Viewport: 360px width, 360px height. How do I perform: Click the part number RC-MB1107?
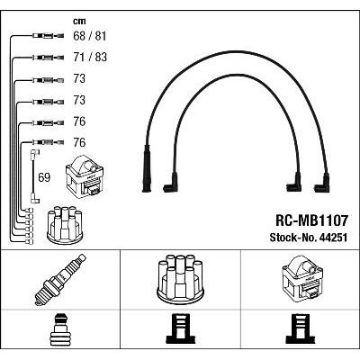pos(311,220)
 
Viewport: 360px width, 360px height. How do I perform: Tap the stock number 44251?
pos(333,238)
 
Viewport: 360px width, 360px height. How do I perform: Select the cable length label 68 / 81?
pos(90,36)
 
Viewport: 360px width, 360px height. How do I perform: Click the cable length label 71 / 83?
pos(90,57)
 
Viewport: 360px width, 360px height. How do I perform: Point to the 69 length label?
pos(44,177)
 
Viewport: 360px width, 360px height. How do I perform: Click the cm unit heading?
pos(79,21)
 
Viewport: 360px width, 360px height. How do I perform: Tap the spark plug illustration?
pos(59,280)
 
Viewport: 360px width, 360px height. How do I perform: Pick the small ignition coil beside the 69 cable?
pos(85,176)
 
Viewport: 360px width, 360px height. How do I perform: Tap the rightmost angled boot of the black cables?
pos(322,183)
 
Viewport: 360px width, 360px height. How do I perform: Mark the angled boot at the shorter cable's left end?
pos(170,183)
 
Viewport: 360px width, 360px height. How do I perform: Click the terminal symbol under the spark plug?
pos(59,330)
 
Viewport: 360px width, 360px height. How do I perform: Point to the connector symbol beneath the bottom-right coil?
pos(301,328)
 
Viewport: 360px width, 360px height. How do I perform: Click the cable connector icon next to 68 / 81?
pos(48,36)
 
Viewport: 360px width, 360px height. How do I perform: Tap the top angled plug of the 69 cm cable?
pos(35,154)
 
